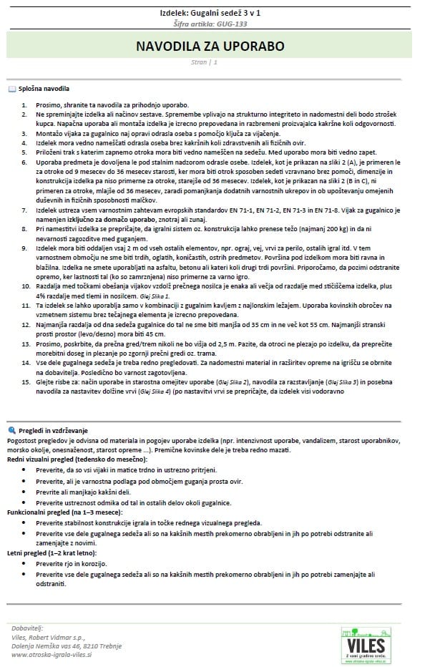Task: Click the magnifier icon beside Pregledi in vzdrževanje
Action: click(11, 429)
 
